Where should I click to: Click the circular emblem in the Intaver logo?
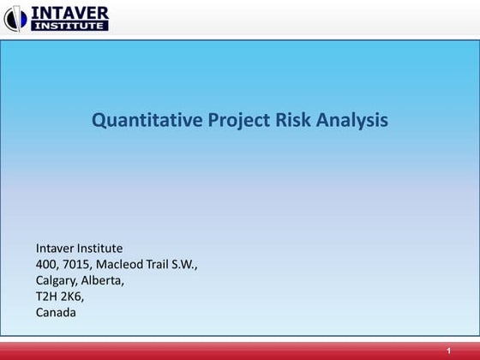tap(15, 18)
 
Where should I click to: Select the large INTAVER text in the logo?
tap(69, 12)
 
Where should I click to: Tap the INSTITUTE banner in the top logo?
tap(69, 26)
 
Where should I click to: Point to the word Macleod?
tap(125, 264)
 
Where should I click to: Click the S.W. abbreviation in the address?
tap(195, 264)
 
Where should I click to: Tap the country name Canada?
tap(56, 313)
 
